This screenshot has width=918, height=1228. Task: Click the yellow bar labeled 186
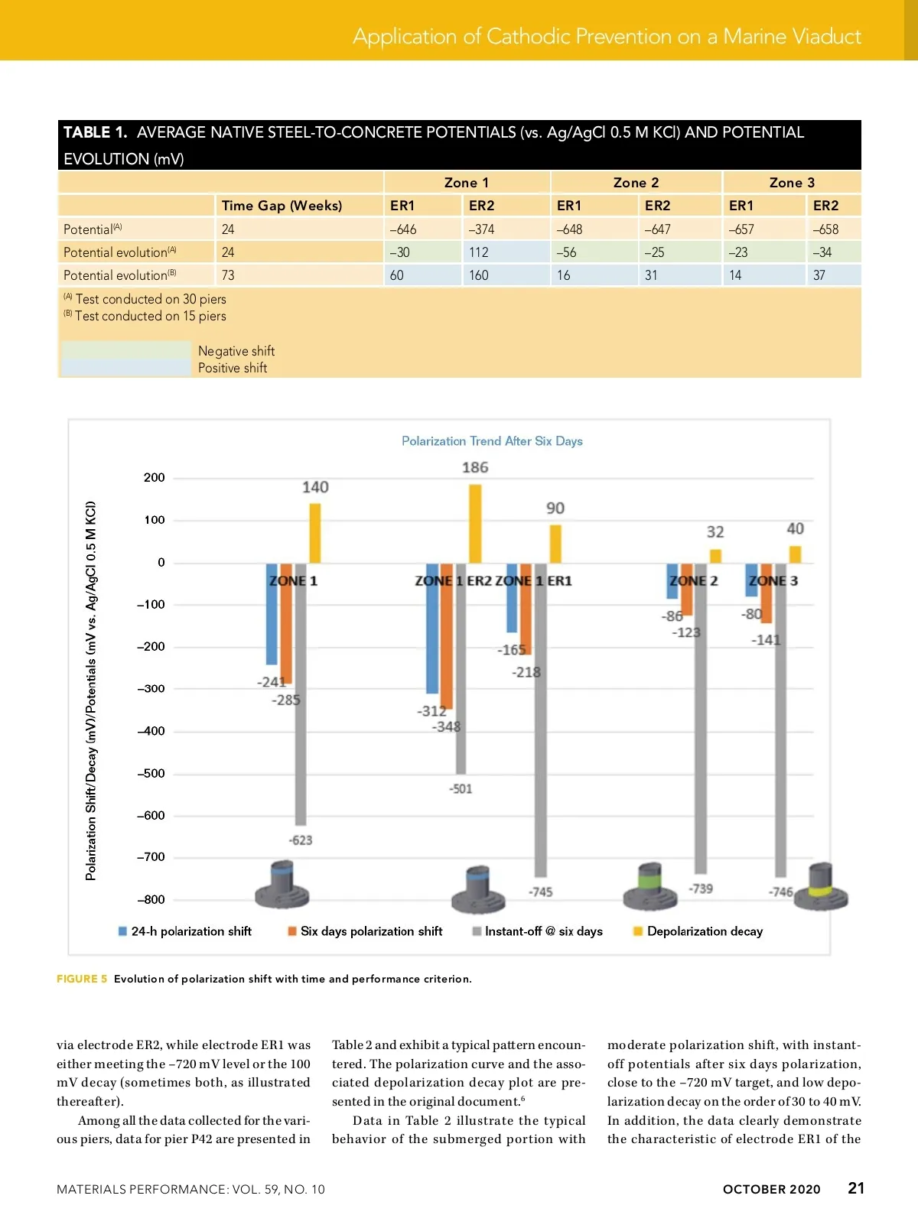475,523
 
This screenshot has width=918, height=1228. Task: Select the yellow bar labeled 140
314,533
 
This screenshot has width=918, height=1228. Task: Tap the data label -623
301,840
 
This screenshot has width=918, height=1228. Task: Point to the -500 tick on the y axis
151,773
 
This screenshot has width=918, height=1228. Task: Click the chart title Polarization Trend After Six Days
492,441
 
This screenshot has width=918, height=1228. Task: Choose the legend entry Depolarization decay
705,931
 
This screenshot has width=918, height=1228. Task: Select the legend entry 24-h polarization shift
191,931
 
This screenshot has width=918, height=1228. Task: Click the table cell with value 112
479,252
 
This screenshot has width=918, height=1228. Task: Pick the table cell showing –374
482,229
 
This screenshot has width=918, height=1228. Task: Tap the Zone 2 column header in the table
636,183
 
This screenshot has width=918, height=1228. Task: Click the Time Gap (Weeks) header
282,206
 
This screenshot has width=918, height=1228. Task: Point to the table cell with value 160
479,275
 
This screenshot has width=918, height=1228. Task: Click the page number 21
856,1188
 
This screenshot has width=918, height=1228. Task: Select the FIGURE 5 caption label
82,979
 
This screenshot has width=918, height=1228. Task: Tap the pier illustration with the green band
649,887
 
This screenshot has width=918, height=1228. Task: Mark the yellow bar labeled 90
555,544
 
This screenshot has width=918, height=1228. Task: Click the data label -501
461,789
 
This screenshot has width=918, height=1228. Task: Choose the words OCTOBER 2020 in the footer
771,1189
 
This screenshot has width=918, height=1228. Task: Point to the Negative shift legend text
236,351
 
